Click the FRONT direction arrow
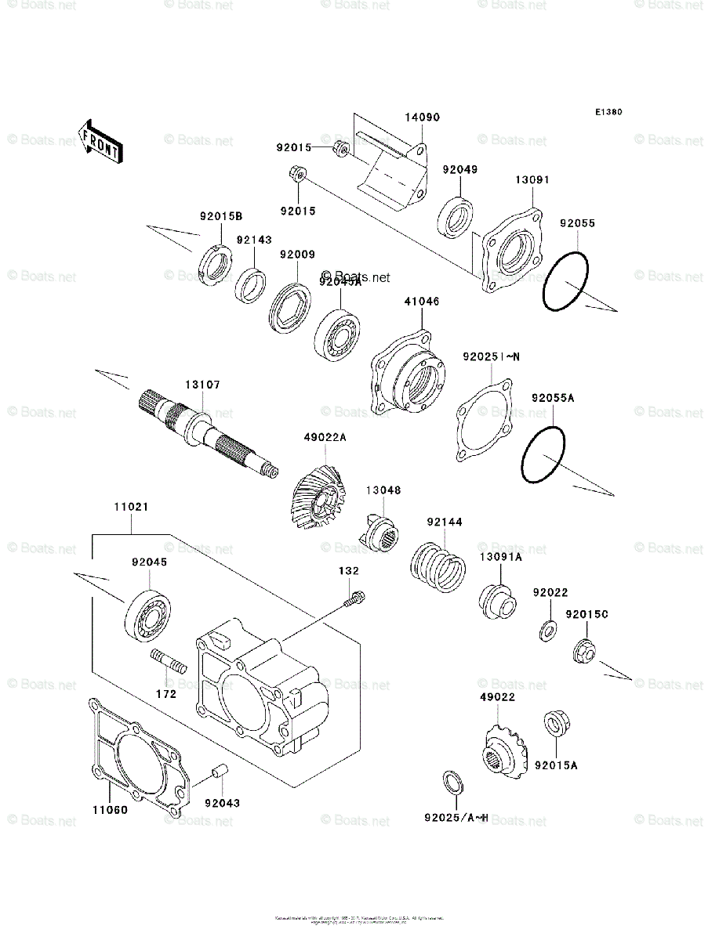100,140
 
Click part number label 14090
422,117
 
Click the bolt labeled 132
355,599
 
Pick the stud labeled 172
169,662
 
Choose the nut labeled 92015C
583,649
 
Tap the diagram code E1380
608,112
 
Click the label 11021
131,508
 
